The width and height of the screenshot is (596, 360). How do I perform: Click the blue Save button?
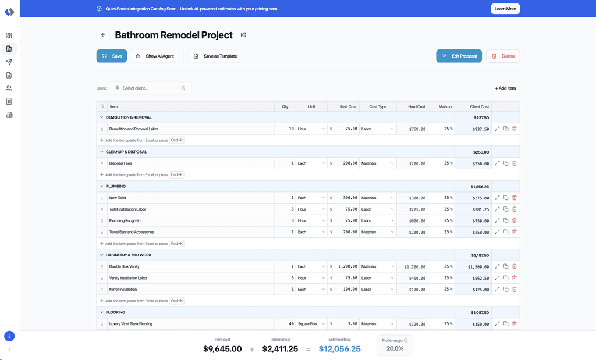click(111, 56)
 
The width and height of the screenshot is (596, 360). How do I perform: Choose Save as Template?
click(215, 56)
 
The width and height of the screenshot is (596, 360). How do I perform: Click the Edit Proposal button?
click(459, 56)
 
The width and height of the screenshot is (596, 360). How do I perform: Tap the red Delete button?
click(503, 56)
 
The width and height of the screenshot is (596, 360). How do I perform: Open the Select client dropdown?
click(151, 88)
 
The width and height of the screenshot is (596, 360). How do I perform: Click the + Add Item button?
click(505, 88)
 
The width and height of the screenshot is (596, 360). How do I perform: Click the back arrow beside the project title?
click(103, 35)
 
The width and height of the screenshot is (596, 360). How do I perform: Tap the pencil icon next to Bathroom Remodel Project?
click(243, 35)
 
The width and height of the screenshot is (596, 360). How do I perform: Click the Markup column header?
click(445, 106)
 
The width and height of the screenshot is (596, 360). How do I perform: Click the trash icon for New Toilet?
click(515, 198)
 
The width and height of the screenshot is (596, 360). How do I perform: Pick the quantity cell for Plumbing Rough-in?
click(285, 220)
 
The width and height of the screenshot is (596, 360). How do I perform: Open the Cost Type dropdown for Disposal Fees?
click(377, 163)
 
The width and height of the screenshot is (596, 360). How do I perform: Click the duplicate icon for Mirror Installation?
click(506, 290)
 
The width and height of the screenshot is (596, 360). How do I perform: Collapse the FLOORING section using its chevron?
click(101, 312)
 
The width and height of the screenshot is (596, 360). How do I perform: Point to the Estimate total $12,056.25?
click(339, 348)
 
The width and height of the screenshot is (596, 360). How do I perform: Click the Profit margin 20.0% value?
click(395, 348)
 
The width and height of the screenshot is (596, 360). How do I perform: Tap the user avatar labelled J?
click(9, 336)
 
